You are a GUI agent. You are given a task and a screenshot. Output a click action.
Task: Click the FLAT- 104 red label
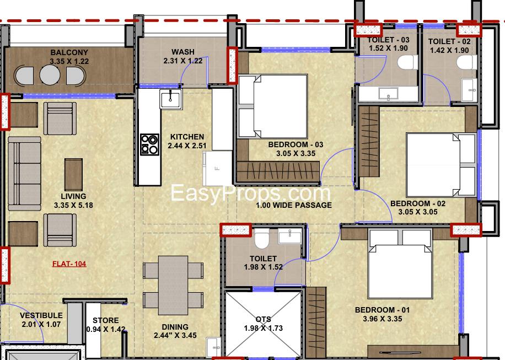coord(69,264)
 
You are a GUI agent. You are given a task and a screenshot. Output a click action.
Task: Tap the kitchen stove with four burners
coord(149,144)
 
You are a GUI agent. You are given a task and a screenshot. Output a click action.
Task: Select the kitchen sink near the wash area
coord(170,100)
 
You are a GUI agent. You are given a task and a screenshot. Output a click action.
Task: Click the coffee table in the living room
coord(73,174)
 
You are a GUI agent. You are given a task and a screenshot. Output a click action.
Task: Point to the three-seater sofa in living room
coord(24,174)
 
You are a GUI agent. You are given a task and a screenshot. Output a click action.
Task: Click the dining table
coord(173,281)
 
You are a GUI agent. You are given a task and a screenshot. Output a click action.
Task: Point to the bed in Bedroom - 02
coord(441,164)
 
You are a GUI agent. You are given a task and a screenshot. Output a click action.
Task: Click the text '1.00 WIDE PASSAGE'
coord(294,205)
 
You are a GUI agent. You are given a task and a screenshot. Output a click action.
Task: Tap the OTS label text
coord(263,319)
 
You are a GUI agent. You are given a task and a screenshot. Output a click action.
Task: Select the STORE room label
coord(106,320)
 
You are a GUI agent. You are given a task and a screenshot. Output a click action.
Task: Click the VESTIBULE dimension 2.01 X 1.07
coord(42,325)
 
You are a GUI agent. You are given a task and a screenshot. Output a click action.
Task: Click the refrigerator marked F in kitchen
coord(217,168)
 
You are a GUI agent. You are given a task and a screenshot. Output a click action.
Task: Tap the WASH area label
coord(182,52)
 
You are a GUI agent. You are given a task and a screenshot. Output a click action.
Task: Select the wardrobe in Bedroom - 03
coord(278,172)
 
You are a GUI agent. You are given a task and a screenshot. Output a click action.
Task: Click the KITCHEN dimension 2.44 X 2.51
coord(186,146)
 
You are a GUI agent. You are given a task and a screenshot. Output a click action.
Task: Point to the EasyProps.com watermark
coord(250,193)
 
